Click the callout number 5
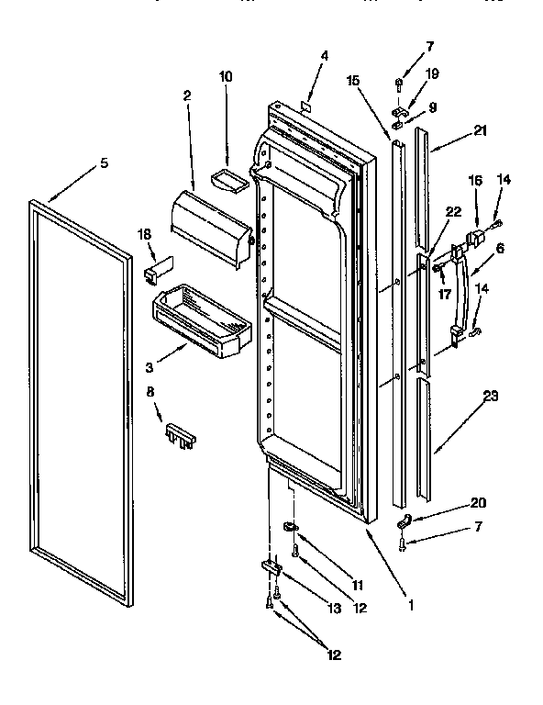(104, 163)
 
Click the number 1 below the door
(410, 605)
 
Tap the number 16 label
(475, 181)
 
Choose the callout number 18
(145, 235)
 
